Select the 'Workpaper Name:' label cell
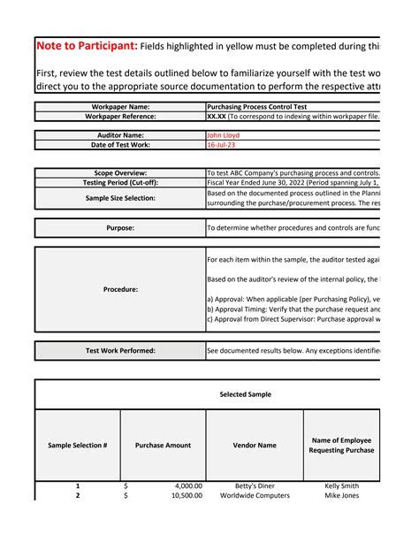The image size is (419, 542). pos(120,106)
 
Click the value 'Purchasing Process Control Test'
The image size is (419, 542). pos(255,106)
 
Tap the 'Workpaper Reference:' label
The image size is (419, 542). pos(120,116)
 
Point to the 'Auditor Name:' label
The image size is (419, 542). pos(120,135)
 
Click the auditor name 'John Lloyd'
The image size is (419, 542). pos(223,135)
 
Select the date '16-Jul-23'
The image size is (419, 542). pos(221,145)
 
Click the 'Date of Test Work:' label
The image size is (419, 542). pos(120,145)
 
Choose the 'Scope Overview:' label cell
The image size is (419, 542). pos(120,172)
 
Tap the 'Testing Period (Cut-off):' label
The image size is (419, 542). pos(120,182)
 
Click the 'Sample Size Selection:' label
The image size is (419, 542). pos(120,198)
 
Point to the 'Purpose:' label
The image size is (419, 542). pos(120,228)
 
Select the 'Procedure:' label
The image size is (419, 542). pos(120,288)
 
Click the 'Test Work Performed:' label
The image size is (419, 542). pos(120,351)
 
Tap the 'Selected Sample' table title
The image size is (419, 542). pos(245,394)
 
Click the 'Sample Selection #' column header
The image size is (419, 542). pos(78,446)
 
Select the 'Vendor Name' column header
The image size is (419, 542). pos(255,446)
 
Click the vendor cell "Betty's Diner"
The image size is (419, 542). pos(255,485)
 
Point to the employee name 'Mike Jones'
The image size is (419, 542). pos(341,496)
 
